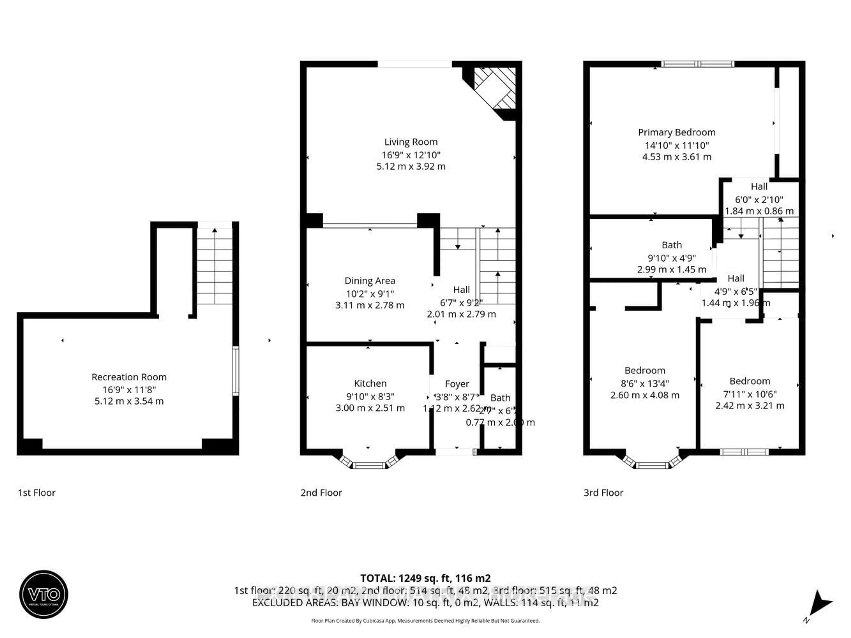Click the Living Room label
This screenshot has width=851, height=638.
[411, 142]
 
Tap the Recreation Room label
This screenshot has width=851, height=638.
[129, 377]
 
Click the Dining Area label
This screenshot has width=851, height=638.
[370, 281]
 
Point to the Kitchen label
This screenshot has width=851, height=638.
[370, 384]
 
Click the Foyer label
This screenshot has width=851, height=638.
[457, 384]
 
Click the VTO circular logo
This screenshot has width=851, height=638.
[44, 594]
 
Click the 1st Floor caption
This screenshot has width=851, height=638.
[37, 493]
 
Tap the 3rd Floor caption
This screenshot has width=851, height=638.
[603, 493]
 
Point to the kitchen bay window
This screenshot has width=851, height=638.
[369, 465]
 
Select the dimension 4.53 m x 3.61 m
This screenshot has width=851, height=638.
[677, 157]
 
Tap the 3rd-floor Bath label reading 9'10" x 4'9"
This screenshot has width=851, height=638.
[672, 245]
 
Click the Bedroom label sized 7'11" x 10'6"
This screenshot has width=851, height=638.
[750, 381]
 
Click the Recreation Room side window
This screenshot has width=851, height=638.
[235, 371]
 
